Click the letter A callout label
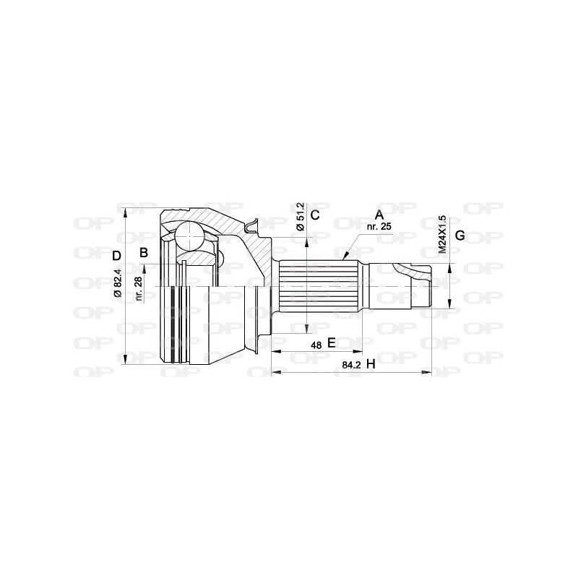[379, 214]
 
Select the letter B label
[143, 252]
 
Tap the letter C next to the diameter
[314, 214]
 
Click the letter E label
[332, 342]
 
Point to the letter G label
[460, 237]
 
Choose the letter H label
[371, 364]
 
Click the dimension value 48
[316, 345]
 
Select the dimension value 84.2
[351, 366]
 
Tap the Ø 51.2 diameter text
[301, 216]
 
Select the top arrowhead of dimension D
[126, 211]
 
